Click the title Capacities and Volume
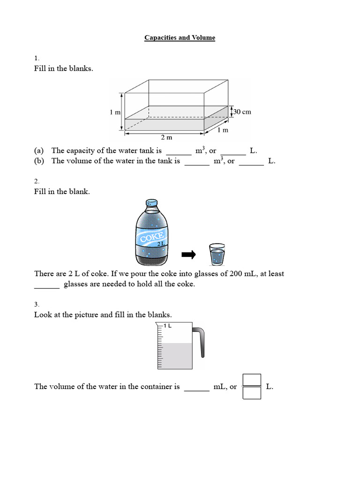pos(180,38)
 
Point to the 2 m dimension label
pos(166,138)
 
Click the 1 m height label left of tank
pos(115,112)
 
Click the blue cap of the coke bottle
pos(151,203)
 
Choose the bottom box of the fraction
pos(252,392)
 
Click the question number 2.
pos(37,181)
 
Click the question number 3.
pos(37,304)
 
